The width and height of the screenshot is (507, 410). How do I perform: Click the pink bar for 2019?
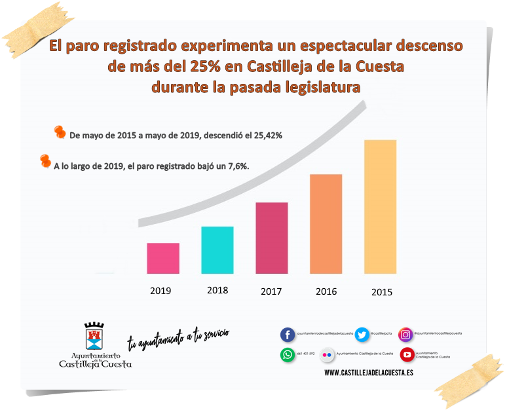163,258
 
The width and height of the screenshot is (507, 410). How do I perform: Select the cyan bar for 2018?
217,250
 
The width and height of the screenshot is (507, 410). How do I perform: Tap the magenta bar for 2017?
272,238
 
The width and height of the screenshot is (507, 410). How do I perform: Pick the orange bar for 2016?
326,223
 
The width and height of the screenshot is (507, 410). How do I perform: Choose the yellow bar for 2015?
380,206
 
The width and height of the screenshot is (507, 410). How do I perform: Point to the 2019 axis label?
160,291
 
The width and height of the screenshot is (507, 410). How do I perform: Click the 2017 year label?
271,291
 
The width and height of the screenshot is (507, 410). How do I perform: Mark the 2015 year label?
381,292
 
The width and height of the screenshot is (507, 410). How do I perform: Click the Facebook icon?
288,335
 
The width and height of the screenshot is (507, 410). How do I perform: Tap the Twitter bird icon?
362,335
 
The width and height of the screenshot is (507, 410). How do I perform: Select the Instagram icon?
406,335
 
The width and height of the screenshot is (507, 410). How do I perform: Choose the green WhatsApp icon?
288,354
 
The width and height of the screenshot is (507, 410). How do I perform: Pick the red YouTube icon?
407,354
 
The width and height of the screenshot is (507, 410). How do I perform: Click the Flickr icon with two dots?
328,354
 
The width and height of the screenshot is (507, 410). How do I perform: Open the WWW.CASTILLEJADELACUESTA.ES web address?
369,372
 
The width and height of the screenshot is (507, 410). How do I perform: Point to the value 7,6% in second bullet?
236,166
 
